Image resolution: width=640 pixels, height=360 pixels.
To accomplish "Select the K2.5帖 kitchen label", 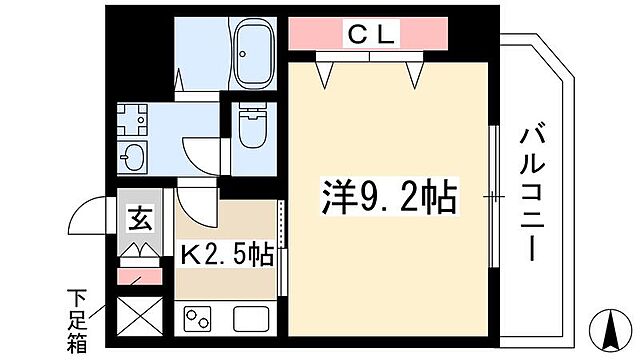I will (x=227, y=256).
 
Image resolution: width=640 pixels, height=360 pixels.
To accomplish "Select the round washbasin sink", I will (x=134, y=157).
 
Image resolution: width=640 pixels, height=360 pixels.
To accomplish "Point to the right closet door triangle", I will (x=413, y=73).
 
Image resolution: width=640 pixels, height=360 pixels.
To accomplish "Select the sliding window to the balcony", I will (x=494, y=196).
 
